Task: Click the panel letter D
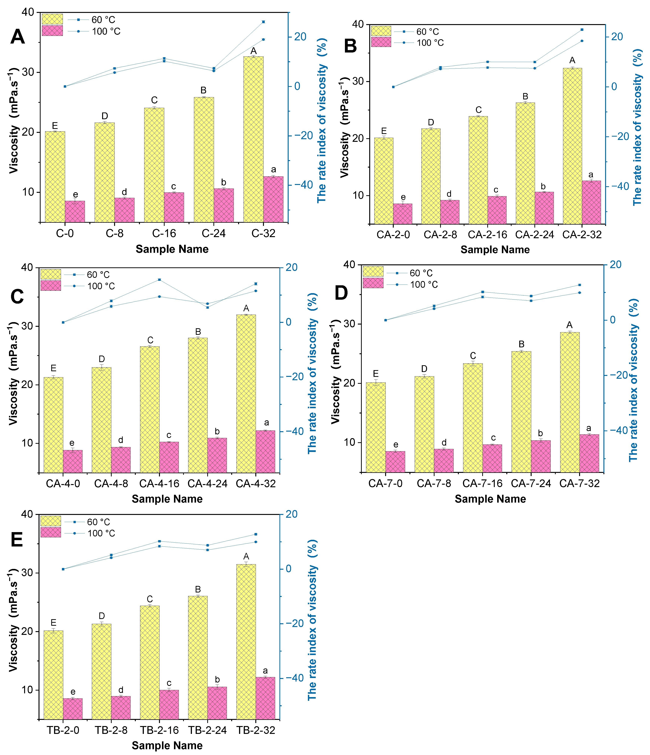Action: click(x=341, y=293)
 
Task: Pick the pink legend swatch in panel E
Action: click(x=51, y=532)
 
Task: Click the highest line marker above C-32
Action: click(x=263, y=22)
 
